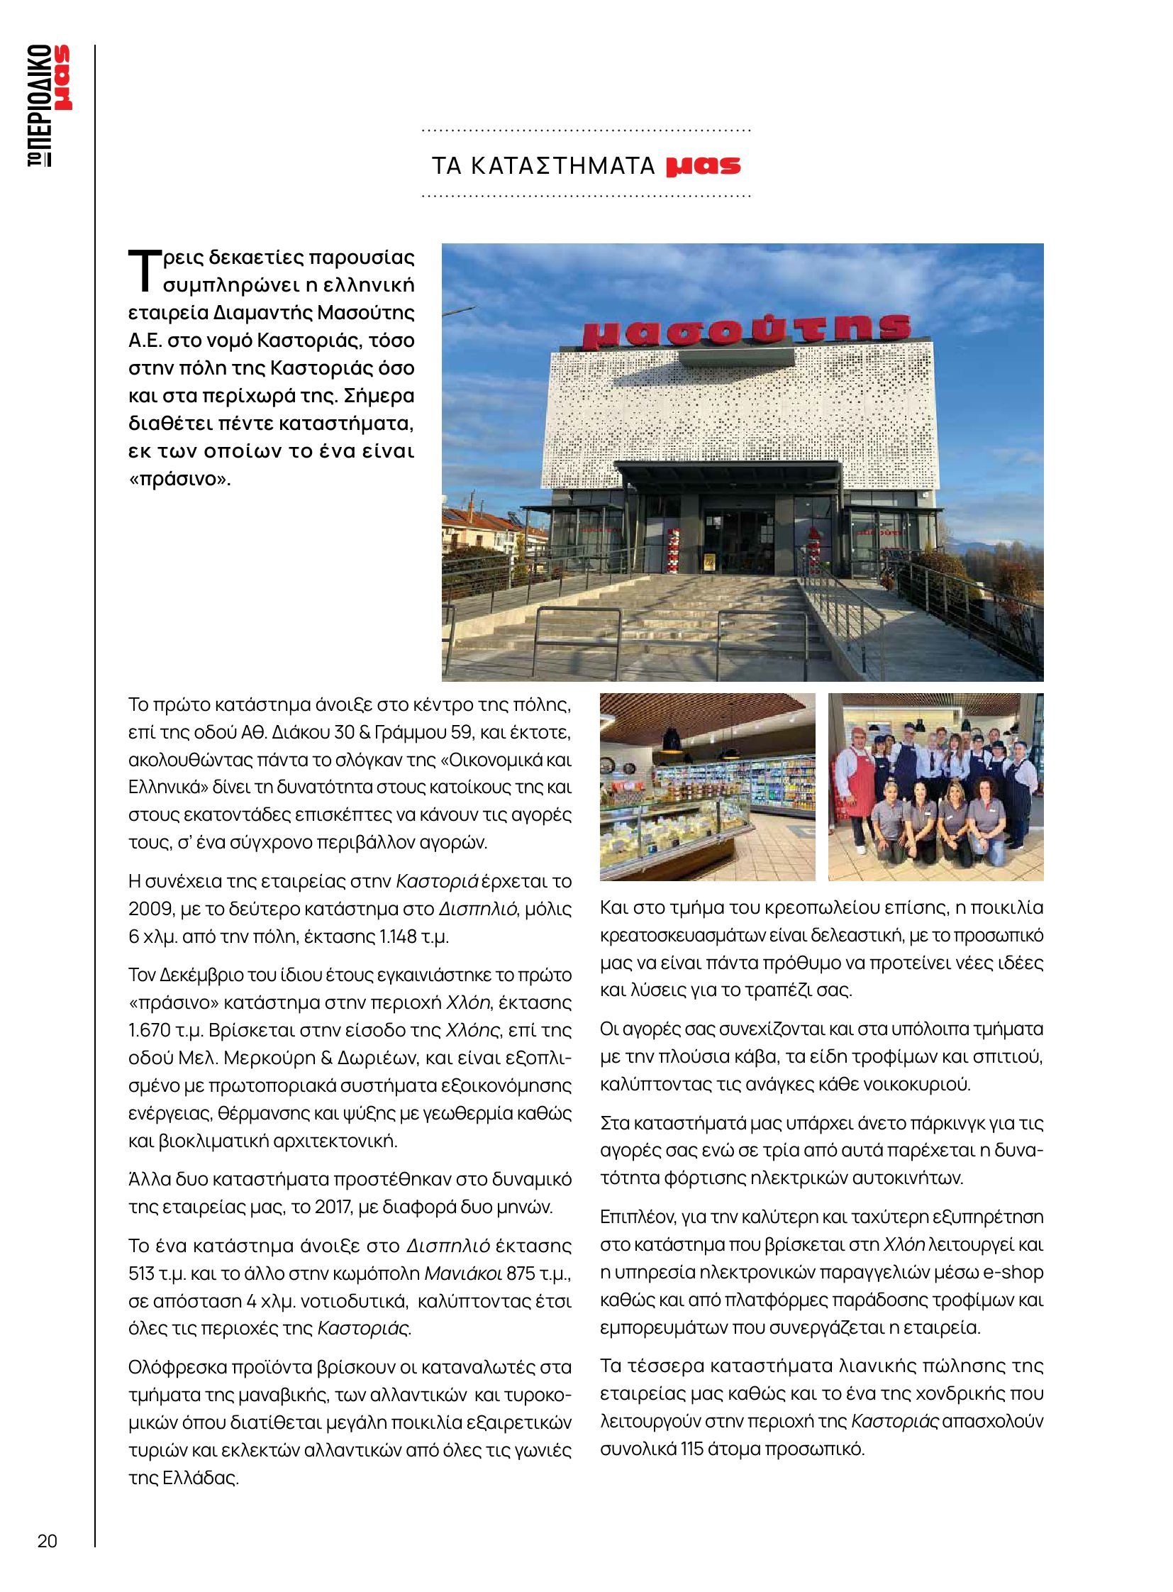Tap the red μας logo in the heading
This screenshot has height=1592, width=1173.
pos(703,165)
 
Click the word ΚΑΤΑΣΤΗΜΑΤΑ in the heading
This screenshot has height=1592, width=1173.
pos(562,165)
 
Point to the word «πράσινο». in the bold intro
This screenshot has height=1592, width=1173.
pos(179,478)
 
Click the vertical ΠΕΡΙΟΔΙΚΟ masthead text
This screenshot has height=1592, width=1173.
pos(40,106)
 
